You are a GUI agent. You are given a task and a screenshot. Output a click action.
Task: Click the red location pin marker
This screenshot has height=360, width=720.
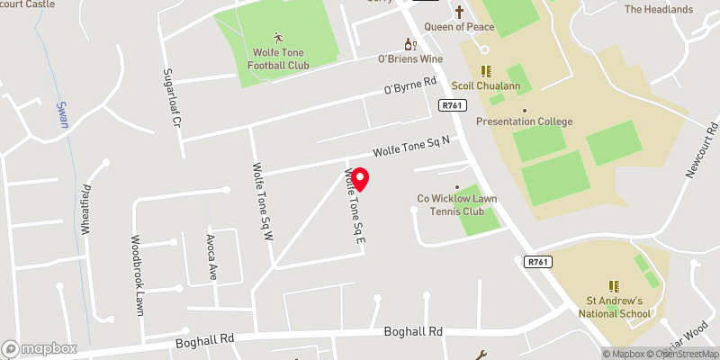click(360, 180)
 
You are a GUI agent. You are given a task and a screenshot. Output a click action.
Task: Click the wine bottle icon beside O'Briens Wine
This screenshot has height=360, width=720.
click(408, 43)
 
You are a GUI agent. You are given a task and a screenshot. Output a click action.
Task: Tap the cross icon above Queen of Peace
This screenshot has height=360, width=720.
click(460, 12)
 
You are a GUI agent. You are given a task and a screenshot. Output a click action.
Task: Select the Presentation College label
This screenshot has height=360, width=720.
click(524, 121)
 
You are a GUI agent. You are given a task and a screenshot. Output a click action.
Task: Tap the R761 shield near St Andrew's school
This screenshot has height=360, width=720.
click(537, 262)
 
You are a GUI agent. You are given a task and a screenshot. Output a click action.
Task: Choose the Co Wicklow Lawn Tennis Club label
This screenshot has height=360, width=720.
click(457, 204)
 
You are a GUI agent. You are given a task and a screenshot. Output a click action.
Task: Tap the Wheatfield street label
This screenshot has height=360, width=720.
click(88, 209)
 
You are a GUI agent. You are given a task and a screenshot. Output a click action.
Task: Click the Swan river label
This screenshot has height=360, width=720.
click(63, 115)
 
